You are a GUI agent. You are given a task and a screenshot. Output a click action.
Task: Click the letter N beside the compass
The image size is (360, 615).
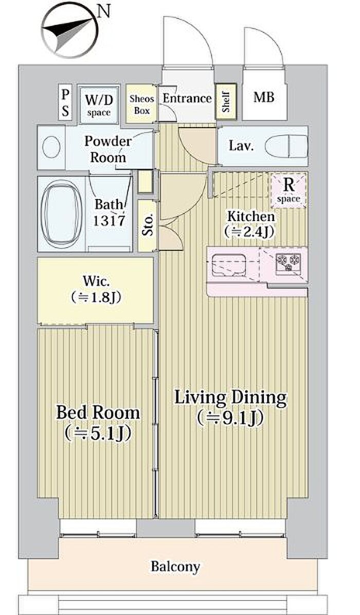tap(104, 12)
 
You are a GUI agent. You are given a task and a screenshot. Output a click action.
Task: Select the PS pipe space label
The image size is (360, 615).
tap(65, 102)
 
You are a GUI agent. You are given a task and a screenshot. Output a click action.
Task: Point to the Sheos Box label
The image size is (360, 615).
tap(141, 104)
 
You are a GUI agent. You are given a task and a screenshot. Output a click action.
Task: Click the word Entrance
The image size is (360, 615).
tap(187, 98)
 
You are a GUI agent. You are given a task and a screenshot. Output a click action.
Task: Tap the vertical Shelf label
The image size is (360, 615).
tap(226, 102)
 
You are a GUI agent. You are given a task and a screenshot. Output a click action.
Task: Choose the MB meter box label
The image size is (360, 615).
tap(263, 97)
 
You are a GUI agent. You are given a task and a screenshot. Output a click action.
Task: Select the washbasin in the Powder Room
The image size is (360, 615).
tap(51, 148)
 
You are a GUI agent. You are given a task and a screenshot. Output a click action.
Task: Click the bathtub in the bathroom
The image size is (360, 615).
tap(61, 214)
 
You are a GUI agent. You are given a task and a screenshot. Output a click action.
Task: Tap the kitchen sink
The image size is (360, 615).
tap(229, 265)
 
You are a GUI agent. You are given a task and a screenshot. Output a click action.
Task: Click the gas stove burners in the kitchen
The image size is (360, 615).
tap(289, 262)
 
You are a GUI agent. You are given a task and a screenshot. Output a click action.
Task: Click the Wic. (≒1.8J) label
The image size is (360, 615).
tap(96, 290)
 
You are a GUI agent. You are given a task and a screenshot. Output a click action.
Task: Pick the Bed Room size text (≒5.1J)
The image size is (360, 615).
tap(98, 433)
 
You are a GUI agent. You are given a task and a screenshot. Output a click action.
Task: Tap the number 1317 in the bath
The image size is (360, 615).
tap(109, 220)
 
